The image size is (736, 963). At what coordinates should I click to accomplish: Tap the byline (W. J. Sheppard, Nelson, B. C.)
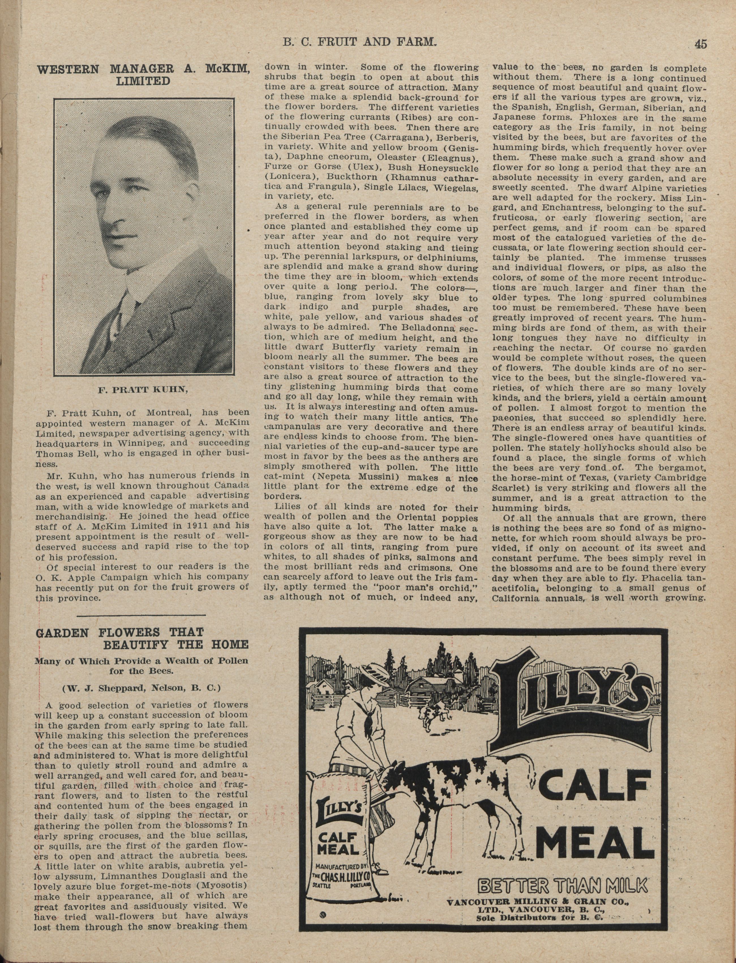coord(142,688)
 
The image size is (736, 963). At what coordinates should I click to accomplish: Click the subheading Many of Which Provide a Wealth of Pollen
coord(142,661)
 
